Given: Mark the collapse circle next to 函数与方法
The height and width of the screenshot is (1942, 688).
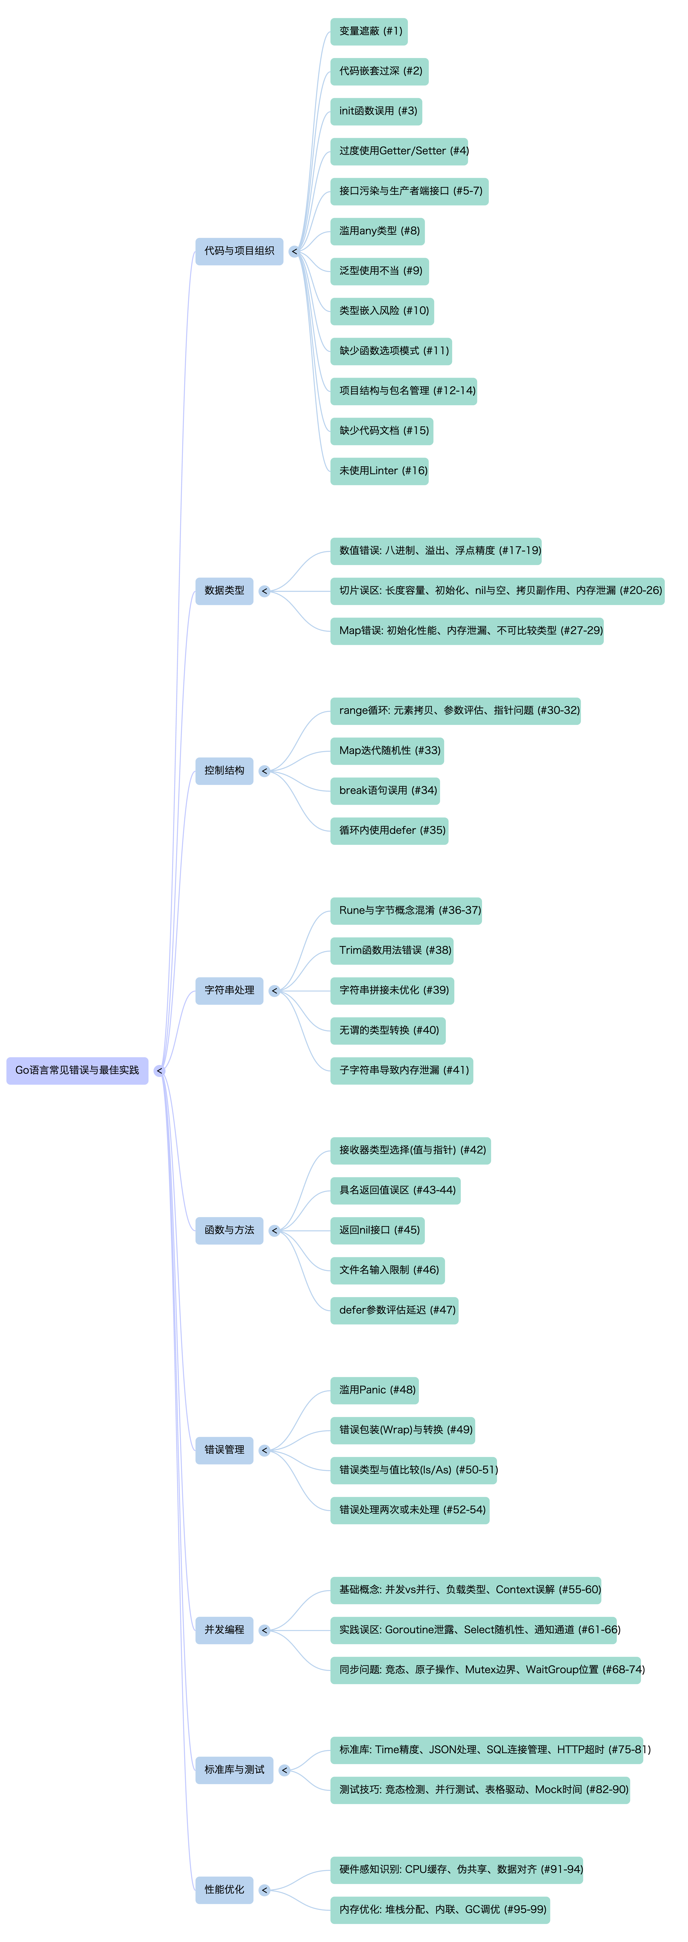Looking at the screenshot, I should (x=275, y=1230).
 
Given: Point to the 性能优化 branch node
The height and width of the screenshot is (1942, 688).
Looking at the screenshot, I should (x=224, y=1889).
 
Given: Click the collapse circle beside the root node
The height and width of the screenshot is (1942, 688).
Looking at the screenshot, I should (x=159, y=1070).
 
